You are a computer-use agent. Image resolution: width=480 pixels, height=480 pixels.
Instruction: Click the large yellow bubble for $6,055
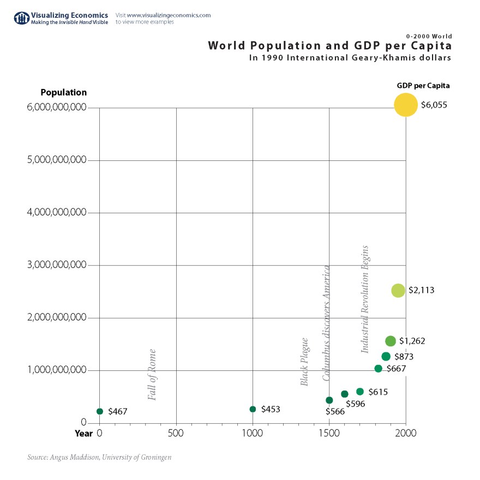405,105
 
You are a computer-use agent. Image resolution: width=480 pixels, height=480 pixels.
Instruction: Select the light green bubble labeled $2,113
398,290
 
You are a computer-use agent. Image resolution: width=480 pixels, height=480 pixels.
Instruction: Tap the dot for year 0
100,411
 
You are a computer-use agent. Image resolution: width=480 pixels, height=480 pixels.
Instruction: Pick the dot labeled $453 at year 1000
253,409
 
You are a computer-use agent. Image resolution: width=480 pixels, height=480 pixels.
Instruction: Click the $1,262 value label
412,341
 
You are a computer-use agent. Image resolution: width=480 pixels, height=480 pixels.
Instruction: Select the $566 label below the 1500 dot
335,412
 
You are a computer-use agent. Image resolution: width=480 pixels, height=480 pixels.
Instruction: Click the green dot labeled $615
360,392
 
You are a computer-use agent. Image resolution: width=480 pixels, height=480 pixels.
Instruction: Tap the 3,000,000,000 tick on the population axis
57,265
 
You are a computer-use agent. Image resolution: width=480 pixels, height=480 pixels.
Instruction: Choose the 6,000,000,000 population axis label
57,107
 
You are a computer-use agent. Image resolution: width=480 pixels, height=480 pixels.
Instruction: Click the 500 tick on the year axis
176,434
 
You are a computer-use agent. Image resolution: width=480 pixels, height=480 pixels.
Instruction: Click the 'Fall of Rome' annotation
152,375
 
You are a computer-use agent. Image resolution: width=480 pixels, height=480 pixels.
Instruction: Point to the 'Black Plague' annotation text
305,362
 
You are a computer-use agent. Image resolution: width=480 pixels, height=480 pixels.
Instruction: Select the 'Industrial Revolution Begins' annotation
365,299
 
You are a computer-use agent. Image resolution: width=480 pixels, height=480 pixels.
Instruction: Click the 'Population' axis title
64,93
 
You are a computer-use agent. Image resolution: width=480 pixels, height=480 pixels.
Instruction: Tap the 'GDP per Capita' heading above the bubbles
423,86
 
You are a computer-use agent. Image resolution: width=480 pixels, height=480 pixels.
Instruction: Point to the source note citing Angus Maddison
99,457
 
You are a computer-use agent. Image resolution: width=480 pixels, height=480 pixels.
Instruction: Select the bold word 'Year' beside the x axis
84,434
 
